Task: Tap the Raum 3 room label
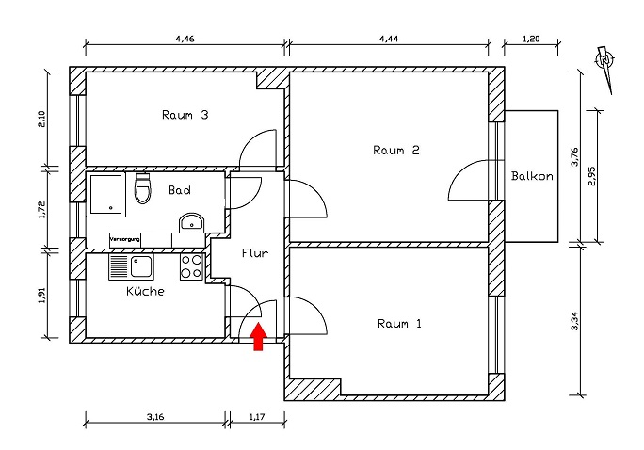(x=185, y=116)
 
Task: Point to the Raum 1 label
(x=399, y=323)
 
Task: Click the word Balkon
(x=532, y=176)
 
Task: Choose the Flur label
(x=255, y=253)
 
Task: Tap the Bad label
(x=180, y=190)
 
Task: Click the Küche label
(x=145, y=292)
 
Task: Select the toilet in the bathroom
(x=143, y=189)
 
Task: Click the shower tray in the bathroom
(x=105, y=193)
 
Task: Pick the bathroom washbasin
(x=191, y=223)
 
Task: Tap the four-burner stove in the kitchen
(x=191, y=267)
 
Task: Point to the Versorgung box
(x=125, y=239)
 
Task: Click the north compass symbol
(x=605, y=64)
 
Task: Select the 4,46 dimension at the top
(x=185, y=39)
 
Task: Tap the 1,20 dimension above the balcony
(x=532, y=39)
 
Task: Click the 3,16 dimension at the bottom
(x=157, y=413)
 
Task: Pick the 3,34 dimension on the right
(x=575, y=321)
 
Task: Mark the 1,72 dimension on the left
(x=42, y=208)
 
